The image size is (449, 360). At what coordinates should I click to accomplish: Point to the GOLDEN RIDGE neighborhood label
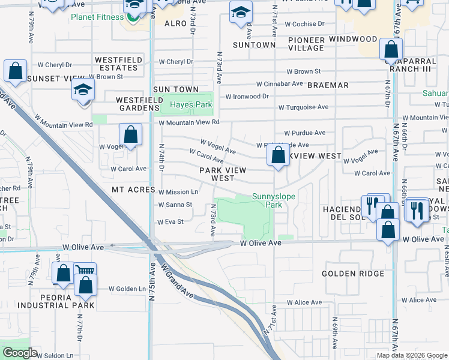[x=352, y=274]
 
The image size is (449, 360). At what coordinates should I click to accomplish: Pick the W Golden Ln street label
[x=127, y=289]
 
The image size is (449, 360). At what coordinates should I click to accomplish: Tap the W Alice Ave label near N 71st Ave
[x=304, y=302]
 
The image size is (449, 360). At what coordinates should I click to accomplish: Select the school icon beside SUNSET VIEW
[x=83, y=91]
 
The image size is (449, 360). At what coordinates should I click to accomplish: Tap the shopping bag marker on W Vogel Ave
[x=130, y=135]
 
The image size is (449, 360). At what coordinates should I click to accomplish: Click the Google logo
[x=20, y=353]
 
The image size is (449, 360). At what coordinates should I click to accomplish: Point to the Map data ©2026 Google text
[x=412, y=355]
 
